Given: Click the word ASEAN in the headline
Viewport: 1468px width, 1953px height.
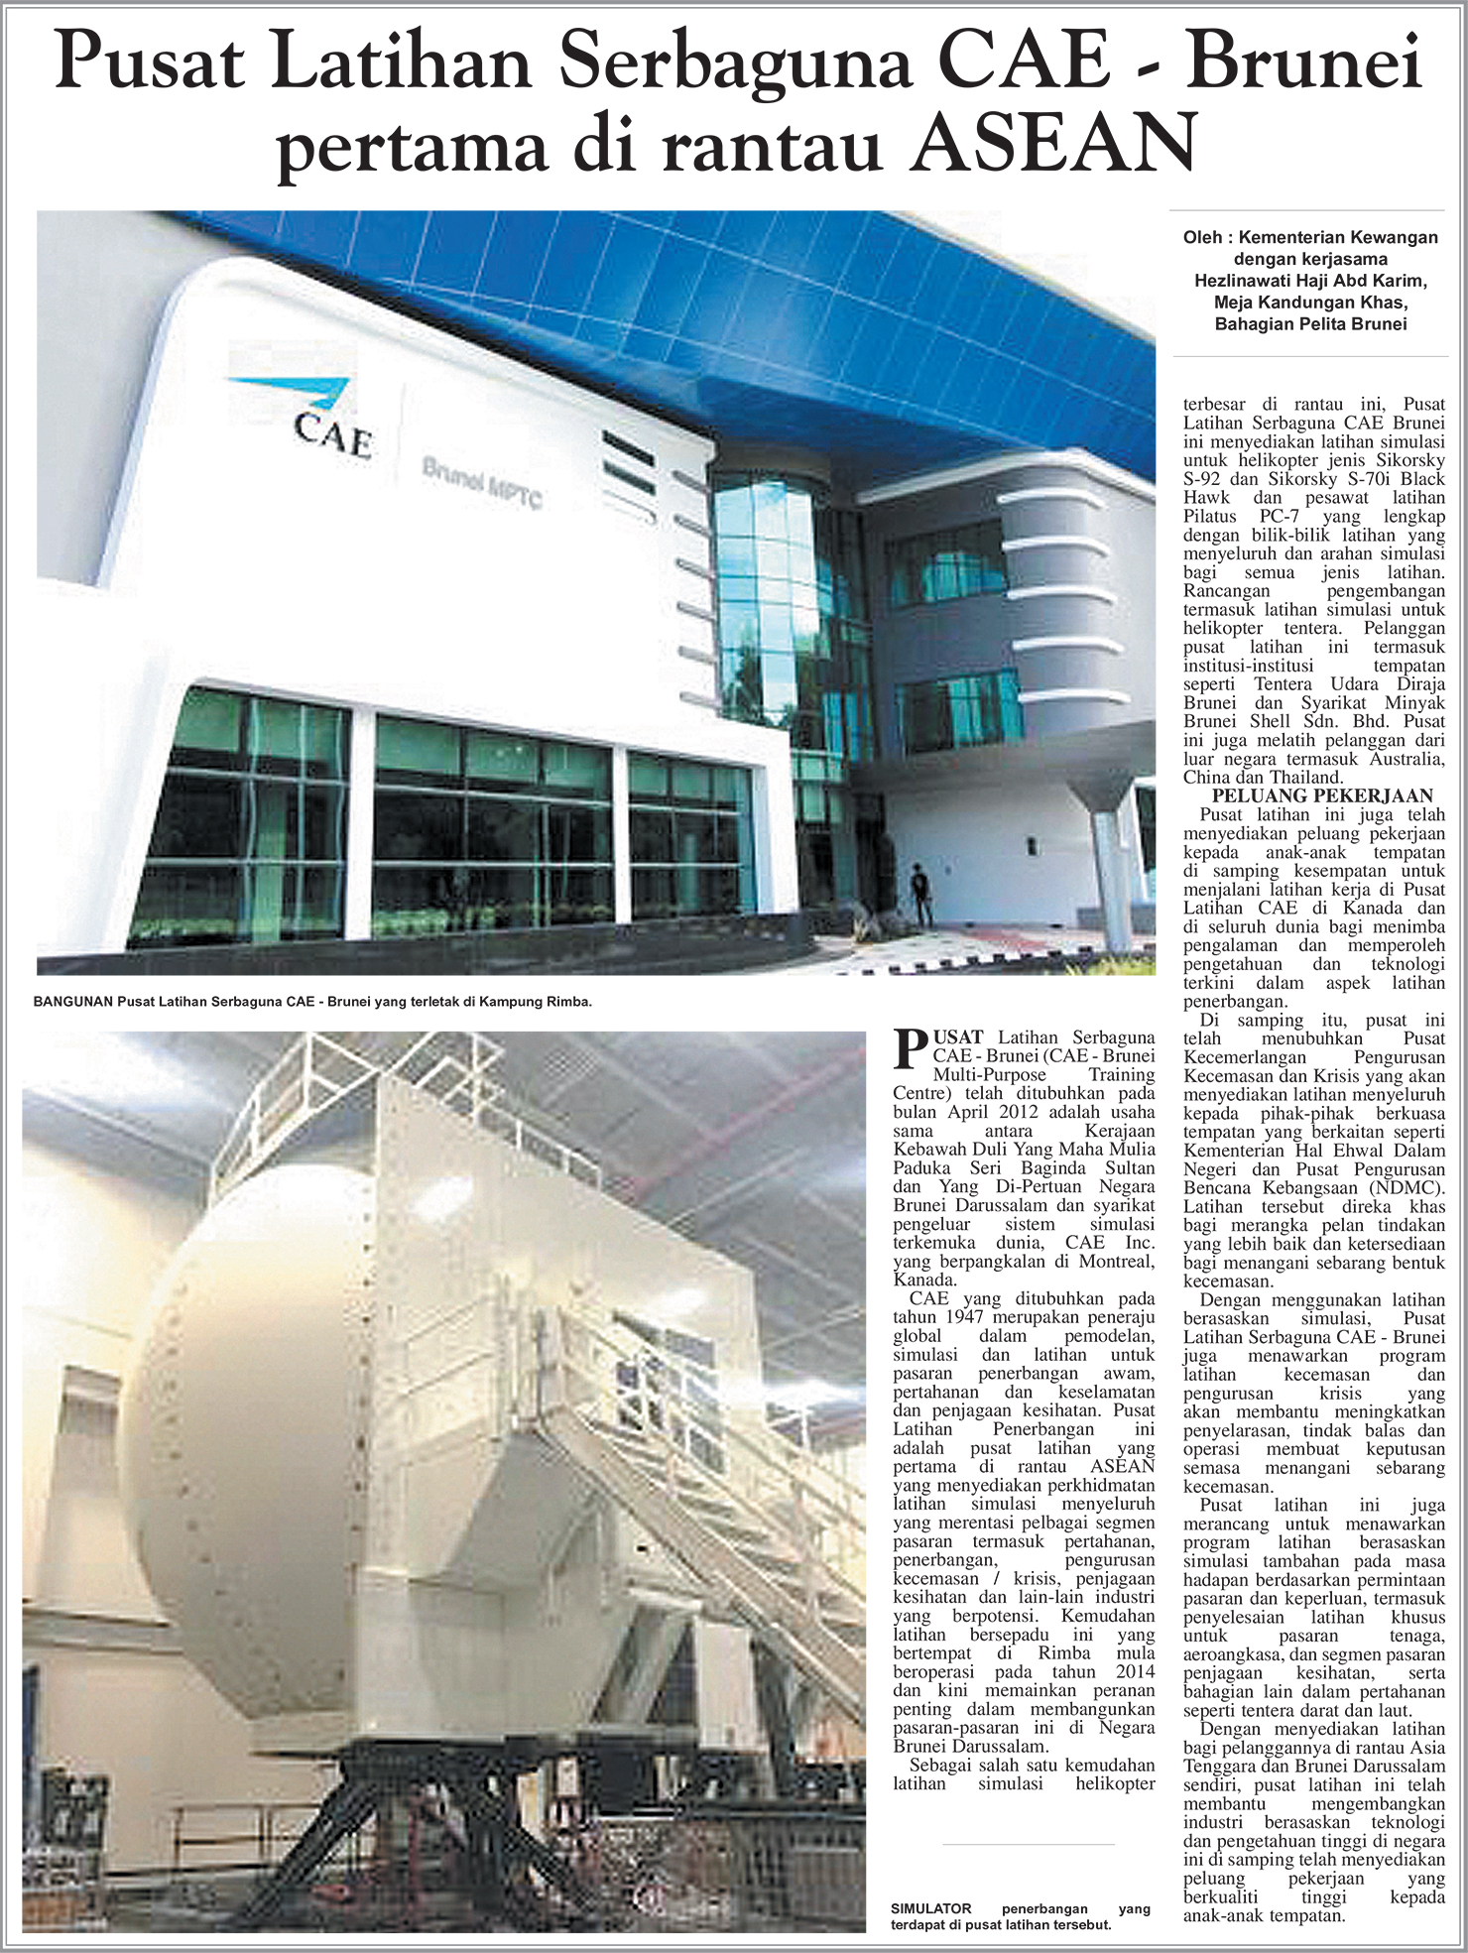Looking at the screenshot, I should pos(1054,144).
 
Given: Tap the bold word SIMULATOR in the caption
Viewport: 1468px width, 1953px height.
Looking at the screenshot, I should pos(930,1907).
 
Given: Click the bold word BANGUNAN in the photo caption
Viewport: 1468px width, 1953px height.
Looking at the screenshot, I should pos(72,1002).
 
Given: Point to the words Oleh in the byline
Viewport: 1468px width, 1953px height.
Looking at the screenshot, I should pos(1202,237).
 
